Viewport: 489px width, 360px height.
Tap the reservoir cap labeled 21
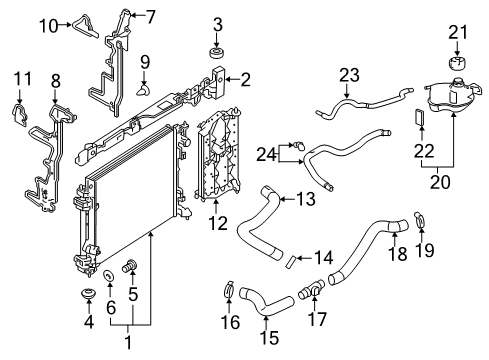point(455,65)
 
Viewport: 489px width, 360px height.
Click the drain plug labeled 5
point(128,265)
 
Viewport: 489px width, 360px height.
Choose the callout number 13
point(306,199)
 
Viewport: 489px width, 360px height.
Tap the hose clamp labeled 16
point(227,292)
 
